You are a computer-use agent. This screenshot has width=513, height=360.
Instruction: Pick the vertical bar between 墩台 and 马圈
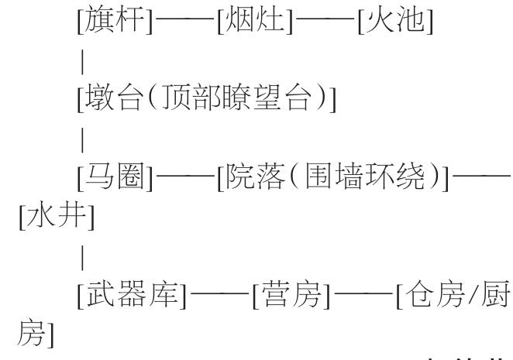point(82,143)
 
